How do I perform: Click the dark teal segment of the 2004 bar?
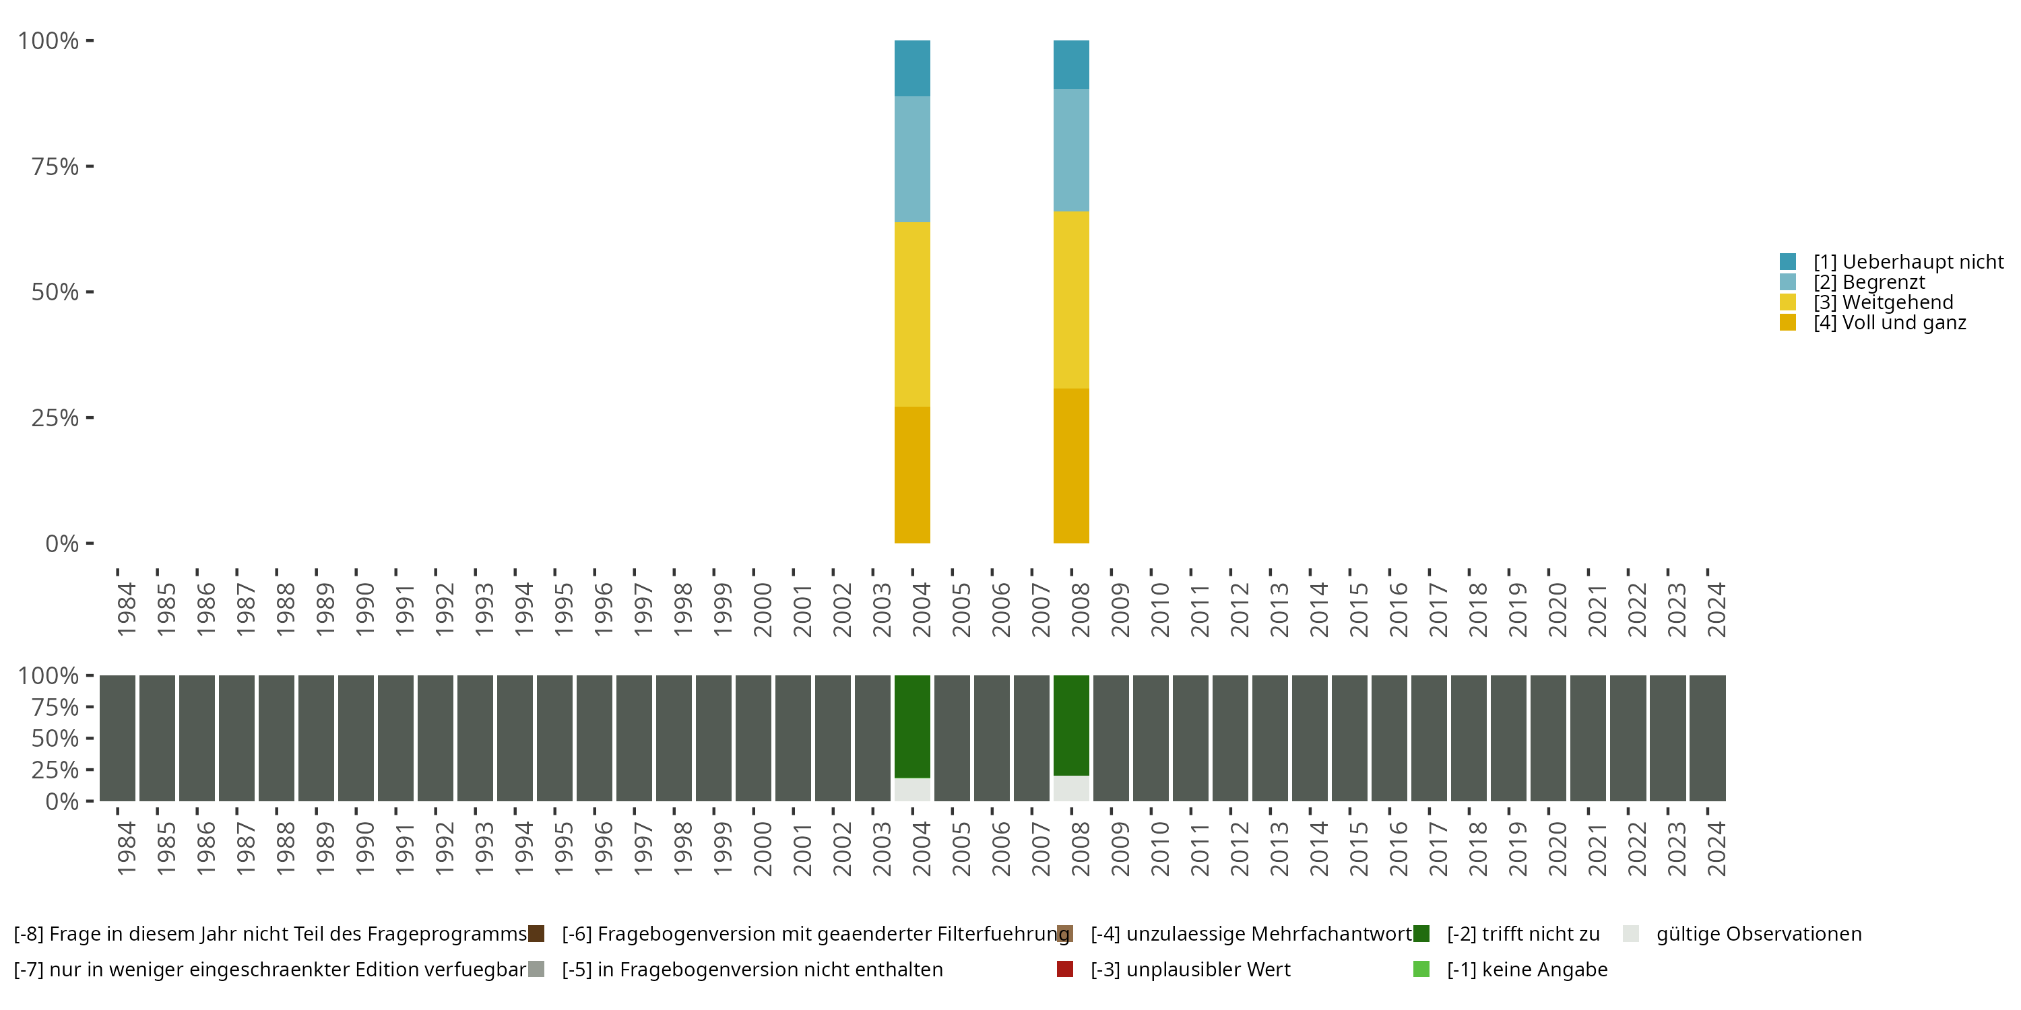(x=911, y=68)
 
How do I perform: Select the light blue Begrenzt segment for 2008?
(x=1071, y=149)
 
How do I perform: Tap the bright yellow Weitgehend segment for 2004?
(x=911, y=314)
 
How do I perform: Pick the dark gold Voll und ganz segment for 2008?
(x=1071, y=466)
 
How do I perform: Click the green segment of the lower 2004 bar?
(x=911, y=726)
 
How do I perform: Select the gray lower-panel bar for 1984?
(x=118, y=738)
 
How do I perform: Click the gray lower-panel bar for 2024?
(x=1707, y=738)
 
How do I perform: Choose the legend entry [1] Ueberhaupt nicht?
(x=1907, y=262)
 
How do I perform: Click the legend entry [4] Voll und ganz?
(x=1889, y=323)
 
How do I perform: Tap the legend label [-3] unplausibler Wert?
(x=1190, y=970)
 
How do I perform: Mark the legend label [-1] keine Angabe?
(x=1527, y=970)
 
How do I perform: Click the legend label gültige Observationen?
(x=1758, y=934)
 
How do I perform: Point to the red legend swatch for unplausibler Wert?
(x=1064, y=969)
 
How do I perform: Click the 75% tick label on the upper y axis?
(x=55, y=166)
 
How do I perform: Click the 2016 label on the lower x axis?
(x=1398, y=848)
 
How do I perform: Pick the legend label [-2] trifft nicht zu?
(x=1522, y=934)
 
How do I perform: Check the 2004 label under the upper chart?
(x=921, y=609)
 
